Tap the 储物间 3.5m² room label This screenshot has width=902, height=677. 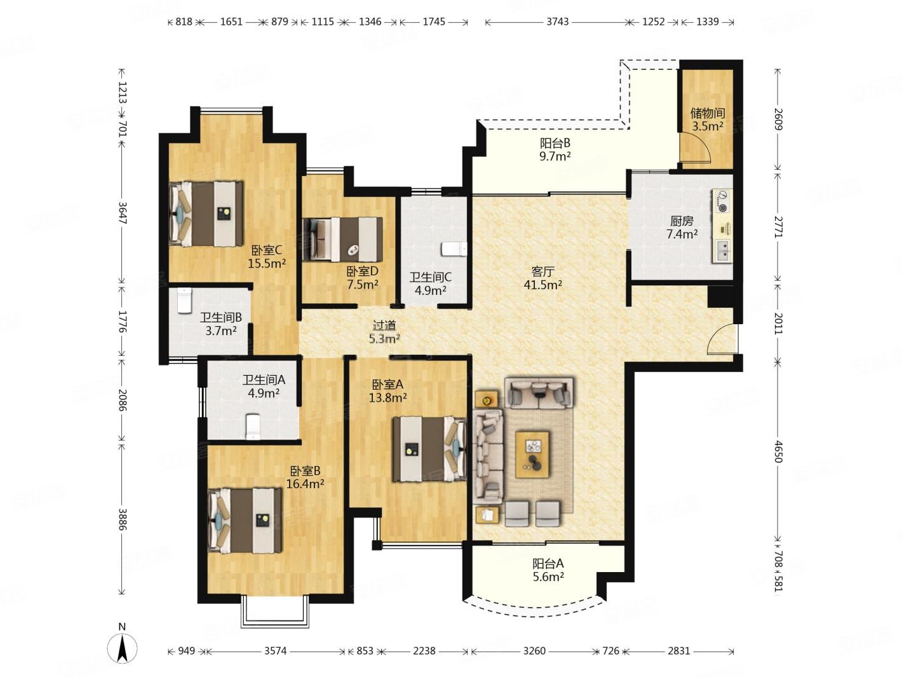[x=707, y=120]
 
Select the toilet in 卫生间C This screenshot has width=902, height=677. [x=454, y=249]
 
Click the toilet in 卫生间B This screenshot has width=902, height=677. [x=184, y=300]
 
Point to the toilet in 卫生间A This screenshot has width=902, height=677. [x=253, y=427]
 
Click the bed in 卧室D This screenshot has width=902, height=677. [x=342, y=239]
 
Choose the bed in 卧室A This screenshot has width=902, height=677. [x=429, y=449]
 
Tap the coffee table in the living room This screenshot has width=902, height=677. [x=532, y=455]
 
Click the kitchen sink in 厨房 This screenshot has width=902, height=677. [x=722, y=250]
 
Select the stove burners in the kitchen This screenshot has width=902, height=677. [x=722, y=202]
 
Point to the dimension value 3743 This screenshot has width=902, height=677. [x=557, y=22]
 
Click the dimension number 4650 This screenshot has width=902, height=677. [x=777, y=452]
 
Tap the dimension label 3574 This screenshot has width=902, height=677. [x=275, y=651]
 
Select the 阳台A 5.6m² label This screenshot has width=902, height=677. [x=548, y=570]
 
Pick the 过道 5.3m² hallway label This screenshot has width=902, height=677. [x=384, y=332]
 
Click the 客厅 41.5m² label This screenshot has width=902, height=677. [x=542, y=278]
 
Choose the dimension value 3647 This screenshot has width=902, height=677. [x=123, y=213]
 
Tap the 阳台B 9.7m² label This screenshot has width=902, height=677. [x=555, y=149]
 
